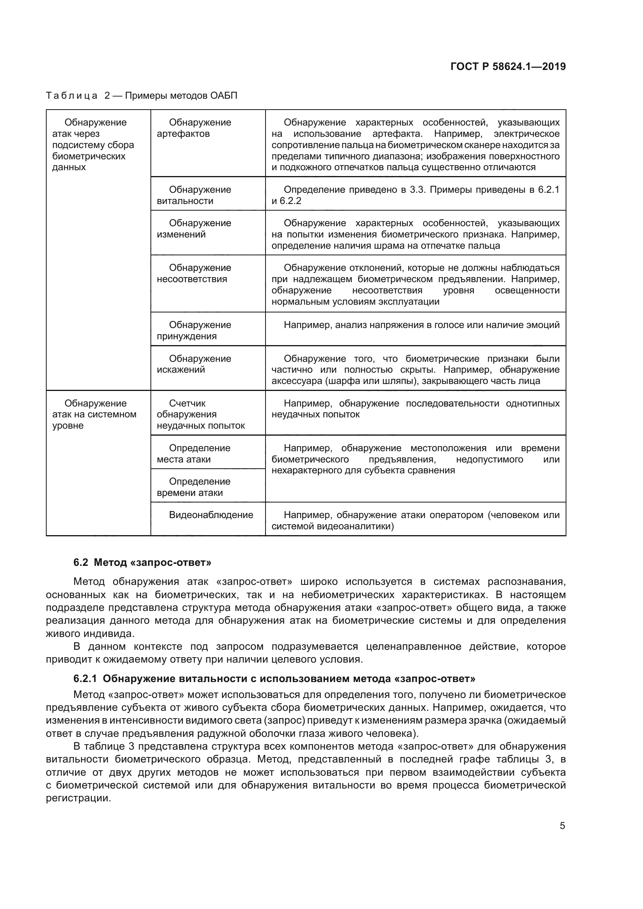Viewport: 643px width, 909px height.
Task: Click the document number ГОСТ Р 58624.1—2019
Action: (508, 66)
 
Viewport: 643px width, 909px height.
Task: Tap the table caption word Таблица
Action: (72, 96)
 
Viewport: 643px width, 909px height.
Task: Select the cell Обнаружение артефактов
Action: (200, 128)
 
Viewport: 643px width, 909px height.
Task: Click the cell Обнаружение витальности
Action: (200, 195)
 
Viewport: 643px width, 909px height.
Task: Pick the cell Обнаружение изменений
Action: (200, 229)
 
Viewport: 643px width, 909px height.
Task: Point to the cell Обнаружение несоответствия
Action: (200, 273)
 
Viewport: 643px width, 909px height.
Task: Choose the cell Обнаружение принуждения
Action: (200, 330)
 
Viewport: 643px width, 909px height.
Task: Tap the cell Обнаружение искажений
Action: (200, 364)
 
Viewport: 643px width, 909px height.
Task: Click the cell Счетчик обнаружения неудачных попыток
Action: (201, 414)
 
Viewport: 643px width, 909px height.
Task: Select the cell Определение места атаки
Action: (200, 453)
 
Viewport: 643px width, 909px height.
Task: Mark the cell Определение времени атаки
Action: (200, 487)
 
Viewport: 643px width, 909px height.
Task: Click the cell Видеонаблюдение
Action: (211, 515)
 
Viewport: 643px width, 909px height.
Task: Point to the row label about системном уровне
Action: (94, 414)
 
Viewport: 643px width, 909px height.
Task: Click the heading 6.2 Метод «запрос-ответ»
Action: (142, 563)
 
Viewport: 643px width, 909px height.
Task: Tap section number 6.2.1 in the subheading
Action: (85, 679)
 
